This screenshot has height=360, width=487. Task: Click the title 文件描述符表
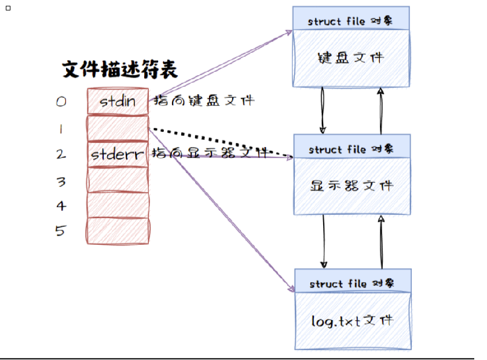point(119,71)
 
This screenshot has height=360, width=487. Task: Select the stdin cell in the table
point(118,102)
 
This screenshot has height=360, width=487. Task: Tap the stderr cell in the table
point(118,154)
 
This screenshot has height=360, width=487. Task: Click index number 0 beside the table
point(61,102)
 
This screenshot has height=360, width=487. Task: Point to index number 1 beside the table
point(61,129)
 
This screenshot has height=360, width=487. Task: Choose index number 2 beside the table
point(61,155)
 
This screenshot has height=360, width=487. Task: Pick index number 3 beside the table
point(61,182)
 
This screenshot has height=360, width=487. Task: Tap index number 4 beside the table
point(61,206)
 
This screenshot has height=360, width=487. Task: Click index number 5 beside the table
point(60,231)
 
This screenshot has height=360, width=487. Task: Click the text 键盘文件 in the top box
point(350,58)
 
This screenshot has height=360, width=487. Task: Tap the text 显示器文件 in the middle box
point(351,186)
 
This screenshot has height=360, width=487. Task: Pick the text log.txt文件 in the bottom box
point(351,320)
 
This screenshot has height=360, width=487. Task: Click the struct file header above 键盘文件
point(351,21)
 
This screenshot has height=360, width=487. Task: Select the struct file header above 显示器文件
point(351,149)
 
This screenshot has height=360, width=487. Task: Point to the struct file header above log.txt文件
point(352,284)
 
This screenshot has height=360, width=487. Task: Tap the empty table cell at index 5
point(118,231)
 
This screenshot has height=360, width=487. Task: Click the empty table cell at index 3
point(118,180)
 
